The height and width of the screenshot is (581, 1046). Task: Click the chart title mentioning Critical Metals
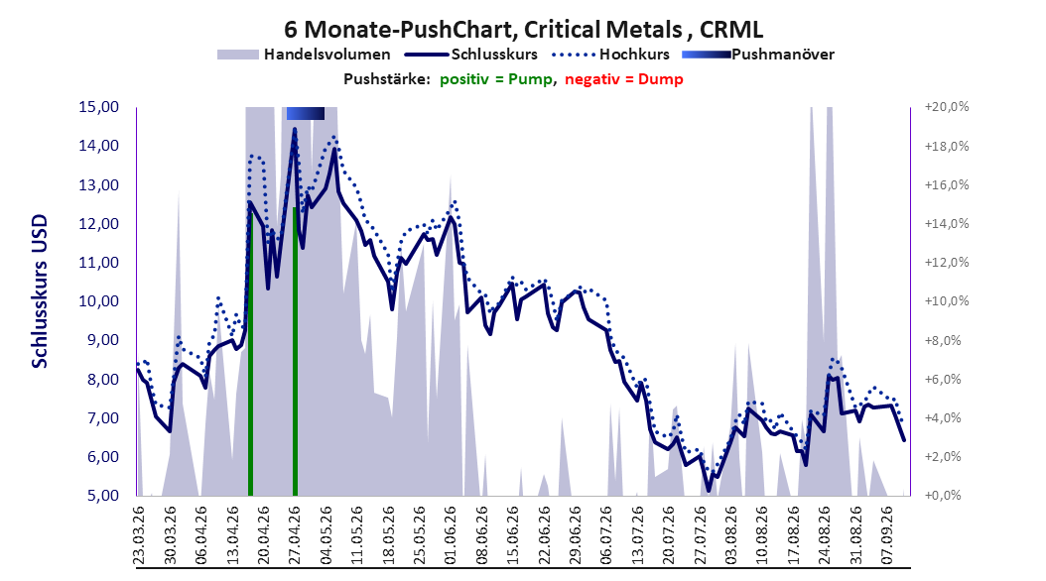tap(524, 30)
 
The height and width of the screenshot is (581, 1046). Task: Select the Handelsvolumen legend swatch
tap(237, 55)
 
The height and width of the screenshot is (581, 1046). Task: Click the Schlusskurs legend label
tap(494, 55)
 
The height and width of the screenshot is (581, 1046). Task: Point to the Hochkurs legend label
tap(634, 55)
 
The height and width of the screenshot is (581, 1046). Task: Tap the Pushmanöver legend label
tap(783, 55)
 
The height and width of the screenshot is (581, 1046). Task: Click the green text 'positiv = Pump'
tap(496, 79)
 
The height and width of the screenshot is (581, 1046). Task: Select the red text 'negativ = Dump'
tap(624, 79)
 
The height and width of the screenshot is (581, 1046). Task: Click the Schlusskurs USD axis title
tap(40, 291)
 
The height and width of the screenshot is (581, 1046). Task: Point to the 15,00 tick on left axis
tap(98, 107)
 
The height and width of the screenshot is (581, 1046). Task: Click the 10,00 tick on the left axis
tap(98, 301)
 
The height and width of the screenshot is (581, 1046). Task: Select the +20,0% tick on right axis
tap(947, 107)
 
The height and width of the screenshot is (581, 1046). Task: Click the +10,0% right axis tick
tap(947, 301)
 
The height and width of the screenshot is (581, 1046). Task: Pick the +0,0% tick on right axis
tap(943, 496)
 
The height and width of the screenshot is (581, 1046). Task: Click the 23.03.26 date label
tap(139, 535)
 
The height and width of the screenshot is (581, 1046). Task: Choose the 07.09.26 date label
tap(888, 535)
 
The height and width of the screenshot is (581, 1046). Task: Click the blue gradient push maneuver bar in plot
tap(306, 113)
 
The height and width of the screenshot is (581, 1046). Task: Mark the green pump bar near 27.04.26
tap(295, 351)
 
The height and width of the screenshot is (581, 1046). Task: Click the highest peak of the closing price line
tap(294, 129)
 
